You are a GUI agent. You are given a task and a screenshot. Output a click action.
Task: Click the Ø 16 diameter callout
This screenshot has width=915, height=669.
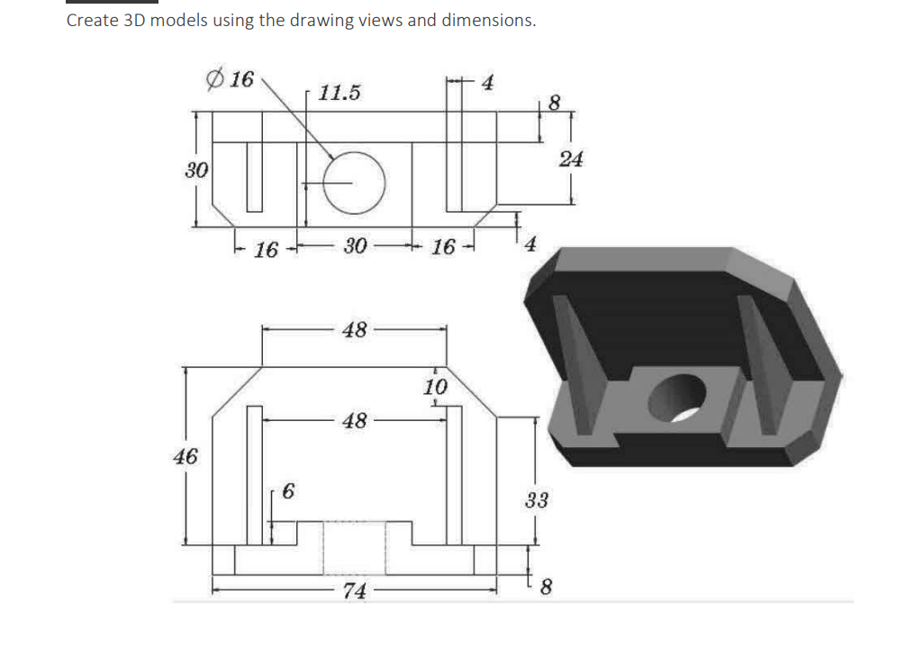(x=231, y=79)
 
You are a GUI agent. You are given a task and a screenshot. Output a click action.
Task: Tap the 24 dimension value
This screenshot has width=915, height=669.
(x=571, y=160)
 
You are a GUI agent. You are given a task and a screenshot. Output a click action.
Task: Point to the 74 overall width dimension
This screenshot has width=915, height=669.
(x=355, y=591)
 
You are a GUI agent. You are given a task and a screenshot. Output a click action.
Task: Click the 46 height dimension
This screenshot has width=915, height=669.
(x=186, y=456)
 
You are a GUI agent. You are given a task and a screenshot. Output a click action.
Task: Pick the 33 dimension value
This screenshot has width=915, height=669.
(x=536, y=500)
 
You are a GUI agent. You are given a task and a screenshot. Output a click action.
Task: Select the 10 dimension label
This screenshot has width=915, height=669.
(x=435, y=388)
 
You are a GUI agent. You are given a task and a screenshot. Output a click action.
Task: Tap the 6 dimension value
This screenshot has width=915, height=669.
(x=287, y=491)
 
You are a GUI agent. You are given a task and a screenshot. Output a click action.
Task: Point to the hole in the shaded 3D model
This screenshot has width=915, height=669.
(x=682, y=397)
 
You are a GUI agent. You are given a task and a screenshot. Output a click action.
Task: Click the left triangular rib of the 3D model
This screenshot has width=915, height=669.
(x=577, y=361)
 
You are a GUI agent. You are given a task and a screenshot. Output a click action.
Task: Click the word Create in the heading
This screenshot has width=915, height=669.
(x=91, y=20)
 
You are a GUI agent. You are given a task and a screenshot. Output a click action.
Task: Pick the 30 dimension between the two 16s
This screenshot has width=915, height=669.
(x=355, y=246)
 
